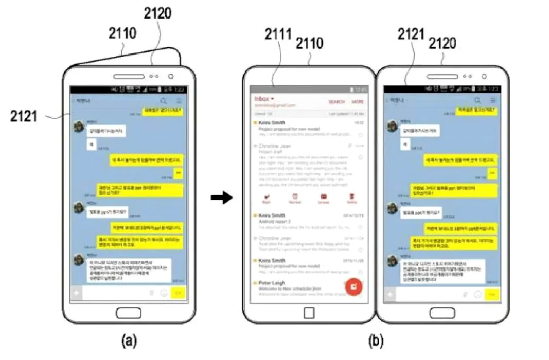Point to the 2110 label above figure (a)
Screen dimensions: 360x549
pos(122,34)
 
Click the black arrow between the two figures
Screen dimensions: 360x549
pos(222,198)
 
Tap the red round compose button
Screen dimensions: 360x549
pos(354,285)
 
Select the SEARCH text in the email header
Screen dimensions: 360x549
pos(337,102)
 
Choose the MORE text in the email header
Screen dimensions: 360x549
pos(358,102)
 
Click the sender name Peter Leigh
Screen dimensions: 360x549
pos(272,283)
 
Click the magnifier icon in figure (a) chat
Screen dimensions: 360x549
pos(164,101)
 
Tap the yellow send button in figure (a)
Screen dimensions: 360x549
pos(178,294)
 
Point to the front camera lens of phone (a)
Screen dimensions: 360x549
pos(170,76)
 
